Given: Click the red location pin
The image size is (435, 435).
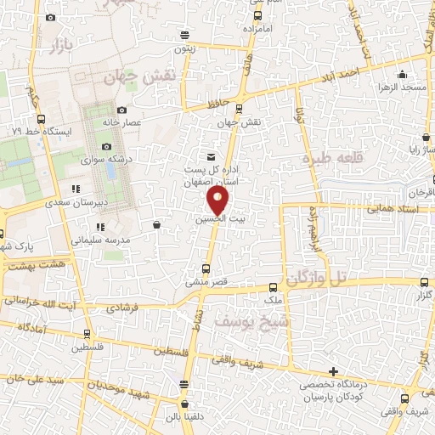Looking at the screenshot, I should click(x=218, y=200).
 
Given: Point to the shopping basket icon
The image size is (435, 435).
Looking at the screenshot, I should click(x=157, y=225).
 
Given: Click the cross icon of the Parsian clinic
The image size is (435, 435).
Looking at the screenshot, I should click(x=334, y=372).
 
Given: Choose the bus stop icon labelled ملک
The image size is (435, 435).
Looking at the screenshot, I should click(x=272, y=288).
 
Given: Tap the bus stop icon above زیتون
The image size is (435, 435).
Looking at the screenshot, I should click(x=185, y=35).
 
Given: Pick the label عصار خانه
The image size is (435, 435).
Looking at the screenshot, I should click(x=121, y=123).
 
